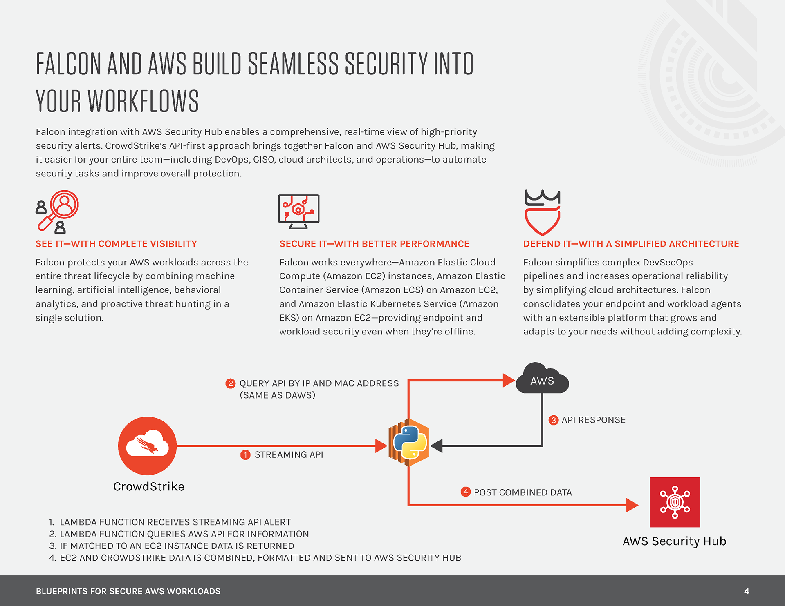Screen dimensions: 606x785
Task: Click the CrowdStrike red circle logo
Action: [x=147, y=446]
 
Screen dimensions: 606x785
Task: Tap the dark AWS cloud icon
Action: [x=542, y=379]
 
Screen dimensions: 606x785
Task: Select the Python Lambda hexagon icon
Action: [x=409, y=443]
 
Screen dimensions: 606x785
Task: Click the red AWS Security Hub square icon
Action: [x=675, y=502]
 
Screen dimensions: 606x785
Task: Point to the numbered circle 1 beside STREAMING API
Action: [x=245, y=454]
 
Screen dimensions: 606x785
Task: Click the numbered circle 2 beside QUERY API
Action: [x=231, y=383]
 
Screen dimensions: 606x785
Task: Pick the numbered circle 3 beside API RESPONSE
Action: [x=554, y=420]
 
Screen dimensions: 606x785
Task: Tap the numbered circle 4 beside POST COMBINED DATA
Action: [x=466, y=492]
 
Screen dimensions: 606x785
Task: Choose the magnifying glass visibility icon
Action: [x=58, y=212]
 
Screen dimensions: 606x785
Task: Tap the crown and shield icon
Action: [x=542, y=212]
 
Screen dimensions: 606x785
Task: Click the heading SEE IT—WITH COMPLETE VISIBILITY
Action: [x=116, y=244]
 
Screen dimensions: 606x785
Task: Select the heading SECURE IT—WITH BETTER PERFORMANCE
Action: [x=374, y=244]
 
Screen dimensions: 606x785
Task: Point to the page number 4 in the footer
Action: [x=747, y=591]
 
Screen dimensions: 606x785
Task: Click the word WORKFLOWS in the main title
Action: [x=143, y=101]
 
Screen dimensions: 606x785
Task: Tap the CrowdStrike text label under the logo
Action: [x=149, y=486]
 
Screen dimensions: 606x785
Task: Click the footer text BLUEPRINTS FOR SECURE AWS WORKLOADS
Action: [x=128, y=591]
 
